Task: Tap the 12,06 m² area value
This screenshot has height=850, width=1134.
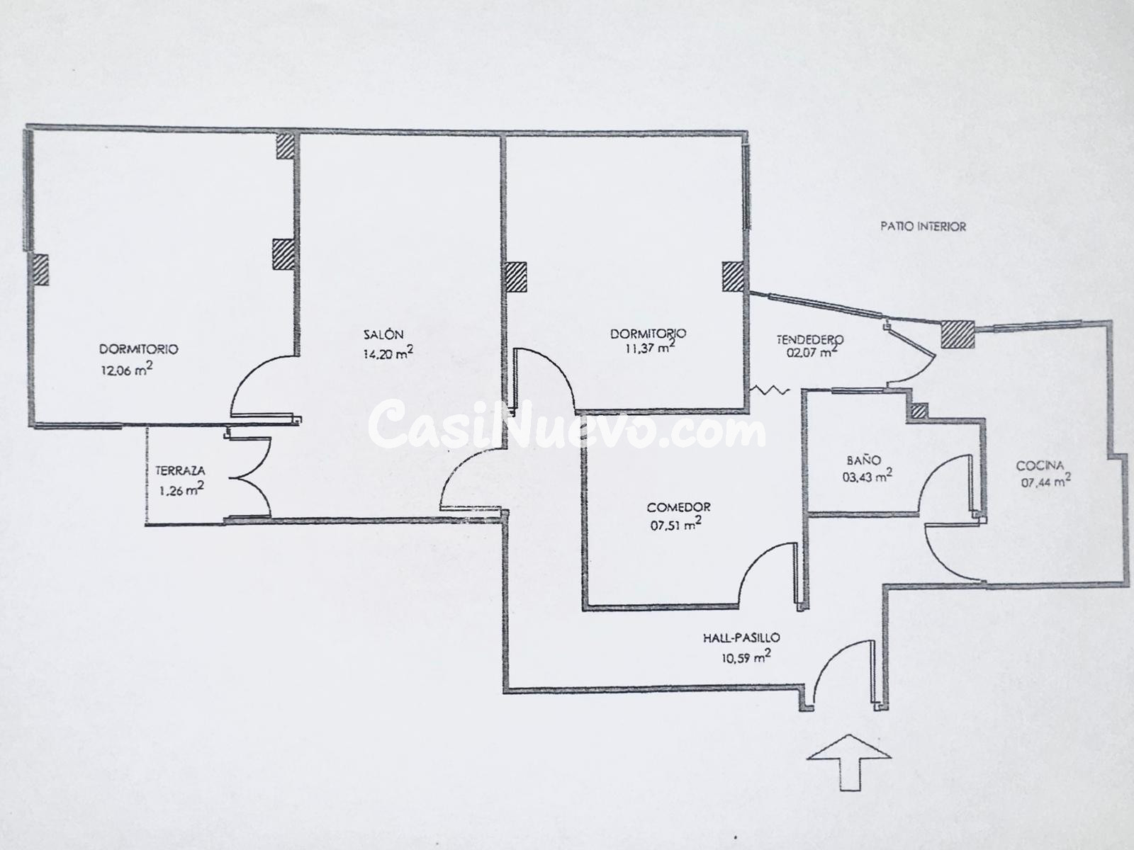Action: [127, 369]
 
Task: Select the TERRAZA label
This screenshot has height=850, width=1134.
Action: [180, 470]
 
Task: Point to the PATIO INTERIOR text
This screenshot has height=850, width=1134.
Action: [924, 227]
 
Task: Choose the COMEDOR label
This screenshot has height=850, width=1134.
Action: [678, 507]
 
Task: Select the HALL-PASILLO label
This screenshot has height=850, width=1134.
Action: [741, 638]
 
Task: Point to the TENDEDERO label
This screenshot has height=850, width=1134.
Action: [810, 339]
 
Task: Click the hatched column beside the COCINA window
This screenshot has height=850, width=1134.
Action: [958, 334]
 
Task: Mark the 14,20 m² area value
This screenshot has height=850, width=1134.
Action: [388, 353]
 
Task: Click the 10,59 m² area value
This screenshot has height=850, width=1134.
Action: [746, 657]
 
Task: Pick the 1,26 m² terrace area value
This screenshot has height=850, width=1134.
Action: [181, 489]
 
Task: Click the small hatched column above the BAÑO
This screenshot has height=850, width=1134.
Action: [918, 411]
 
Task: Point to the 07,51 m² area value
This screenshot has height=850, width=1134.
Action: [675, 524]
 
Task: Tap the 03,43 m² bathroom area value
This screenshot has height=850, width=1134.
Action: [868, 476]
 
